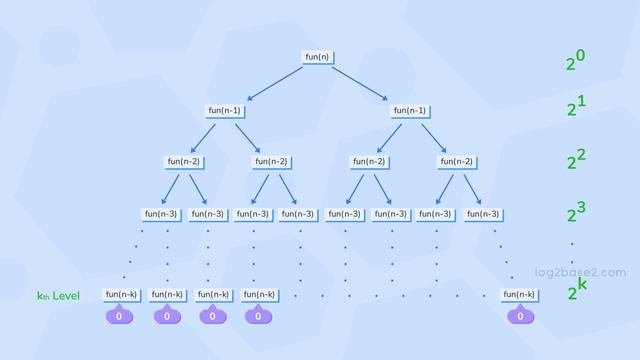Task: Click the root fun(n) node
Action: [x=317, y=57]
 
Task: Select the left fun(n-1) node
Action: [x=225, y=110]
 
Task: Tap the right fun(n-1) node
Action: [x=410, y=110]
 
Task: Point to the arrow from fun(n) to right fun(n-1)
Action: [x=360, y=82]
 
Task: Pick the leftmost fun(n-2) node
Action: [x=183, y=162]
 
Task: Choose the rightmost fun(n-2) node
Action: [x=456, y=162]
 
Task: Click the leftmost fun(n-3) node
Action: [x=161, y=214]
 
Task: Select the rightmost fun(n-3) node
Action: [x=482, y=214]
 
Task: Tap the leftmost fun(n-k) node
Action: [x=121, y=295]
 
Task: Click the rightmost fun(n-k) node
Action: [x=519, y=295]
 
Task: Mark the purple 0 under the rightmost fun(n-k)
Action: [x=519, y=316]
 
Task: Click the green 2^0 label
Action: [x=575, y=60]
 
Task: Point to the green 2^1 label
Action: [x=575, y=106]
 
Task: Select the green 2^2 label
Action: [x=575, y=159]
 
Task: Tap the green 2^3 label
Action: [x=575, y=212]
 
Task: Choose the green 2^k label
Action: [x=576, y=291]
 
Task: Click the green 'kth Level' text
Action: [x=58, y=296]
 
